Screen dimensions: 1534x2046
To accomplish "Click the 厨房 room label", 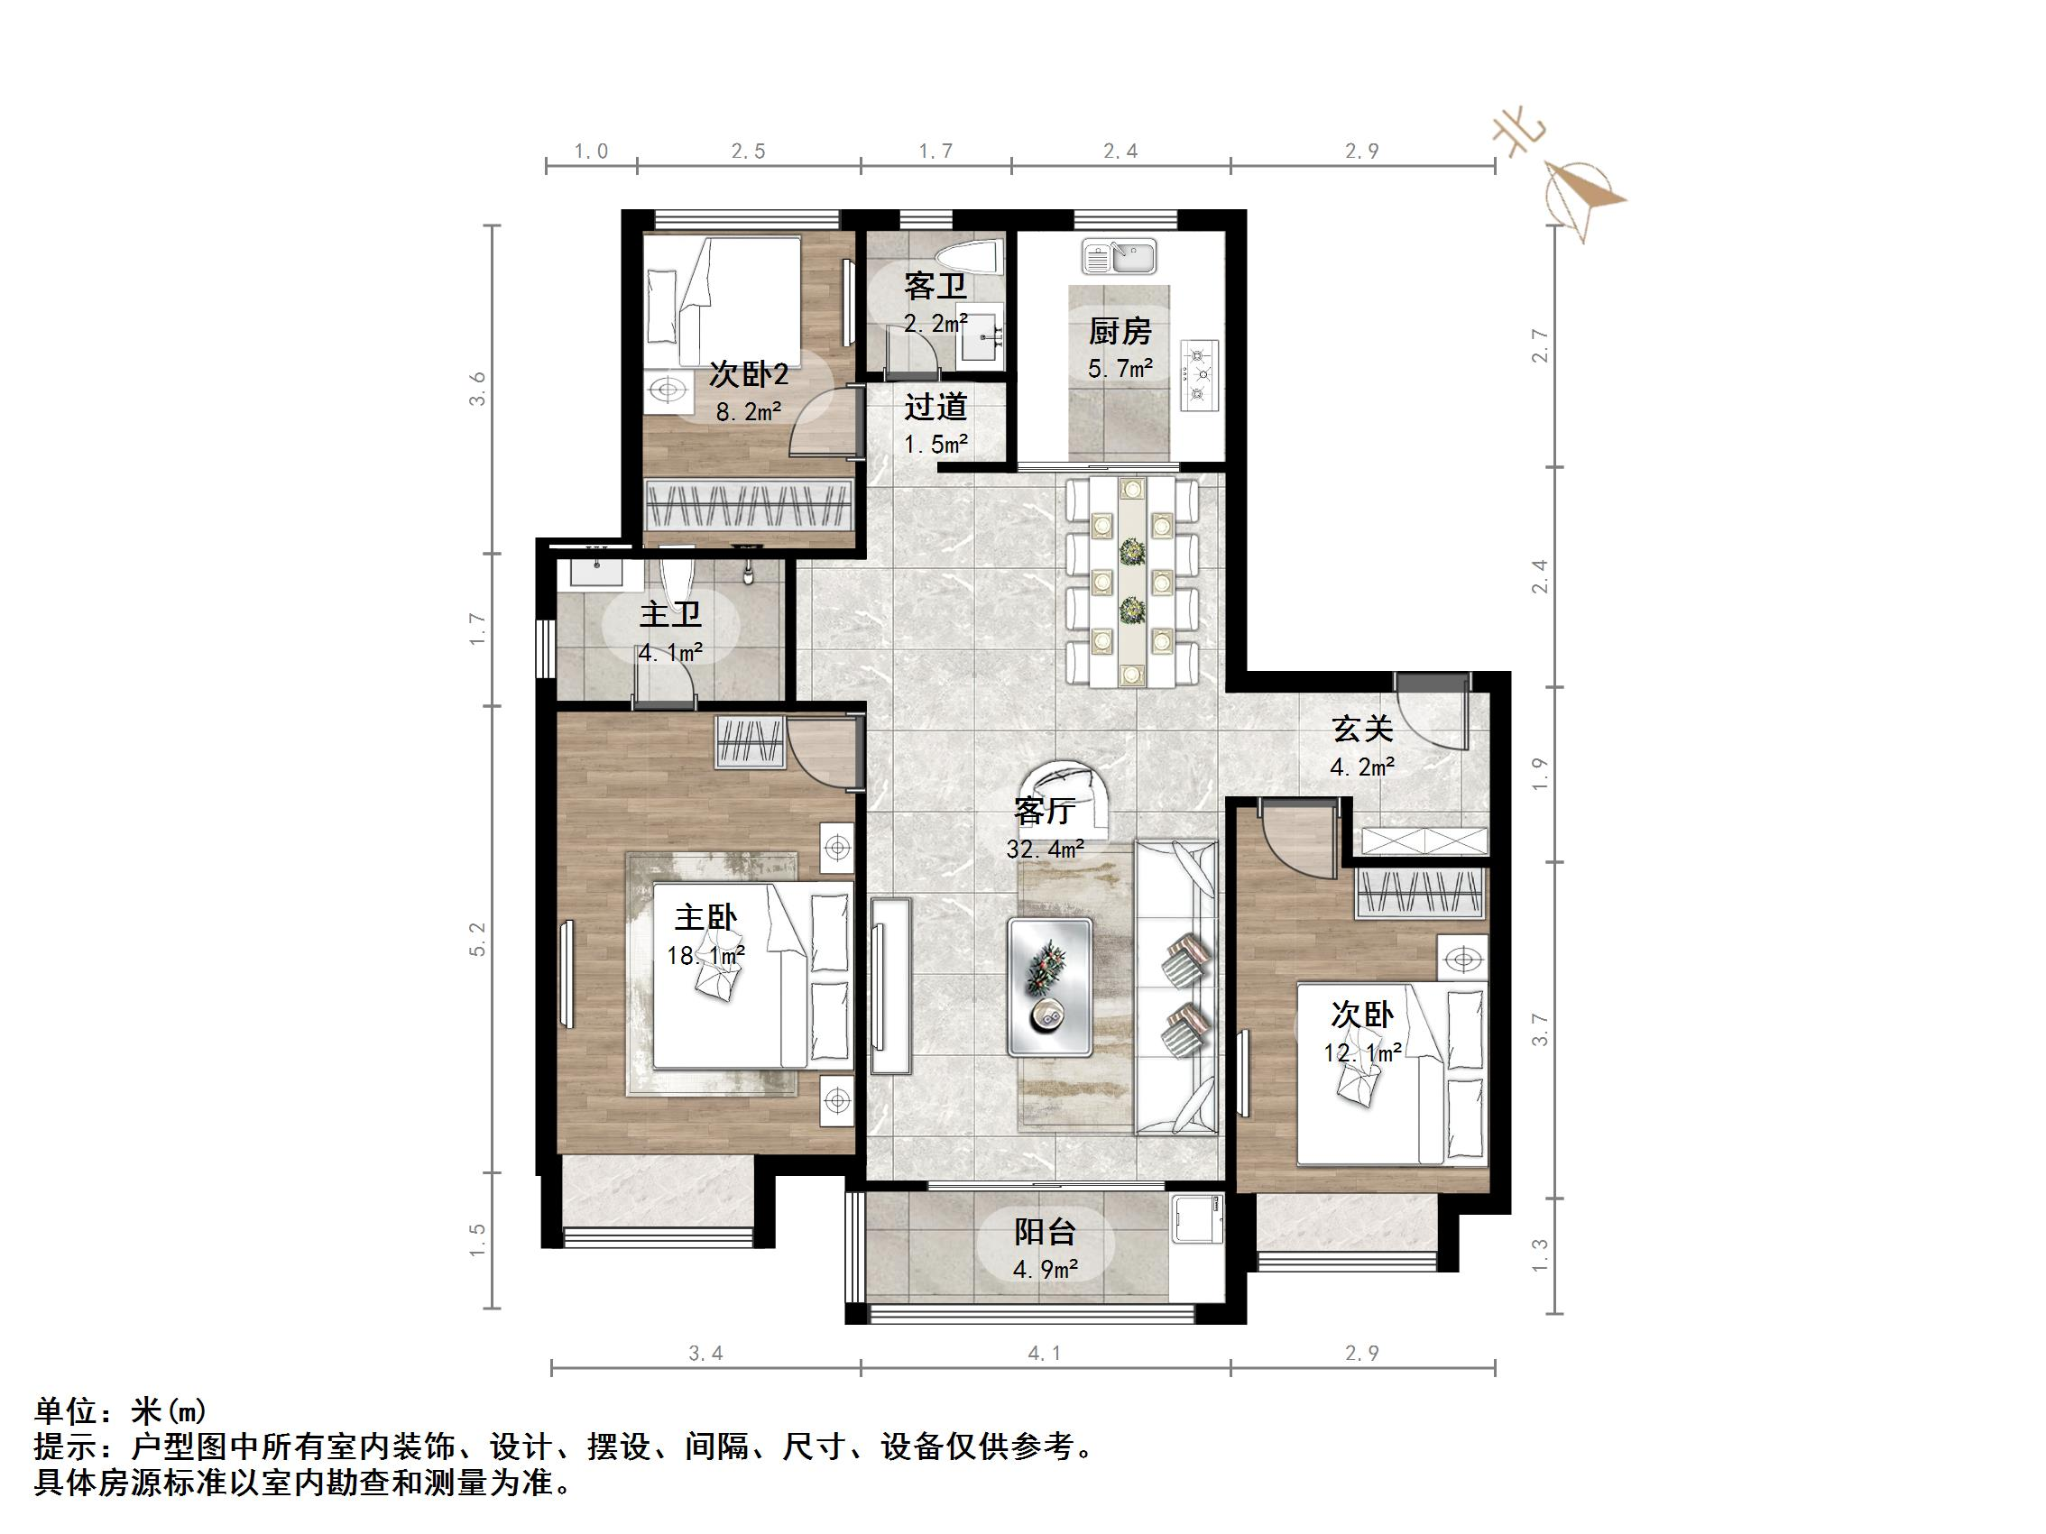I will (x=1120, y=331).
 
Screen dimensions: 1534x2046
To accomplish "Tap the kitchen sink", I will (x=1121, y=257).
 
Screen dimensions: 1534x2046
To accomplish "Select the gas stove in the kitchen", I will (x=1200, y=375).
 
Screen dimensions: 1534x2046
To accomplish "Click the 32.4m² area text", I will (x=1046, y=849).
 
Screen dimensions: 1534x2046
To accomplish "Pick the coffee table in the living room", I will (x=1050, y=987).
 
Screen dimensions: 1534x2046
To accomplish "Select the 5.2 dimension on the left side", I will (x=477, y=940).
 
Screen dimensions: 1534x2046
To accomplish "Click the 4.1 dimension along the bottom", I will (x=1045, y=1354).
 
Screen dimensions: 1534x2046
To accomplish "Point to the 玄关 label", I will (x=1362, y=730).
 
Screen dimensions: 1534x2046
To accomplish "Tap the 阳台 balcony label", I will (x=1046, y=1233).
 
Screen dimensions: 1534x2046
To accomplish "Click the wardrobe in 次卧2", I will (x=747, y=505).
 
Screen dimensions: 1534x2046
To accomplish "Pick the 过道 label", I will (x=935, y=407).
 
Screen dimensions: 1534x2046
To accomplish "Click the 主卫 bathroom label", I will (x=669, y=615).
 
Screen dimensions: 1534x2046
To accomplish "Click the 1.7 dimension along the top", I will (x=935, y=151).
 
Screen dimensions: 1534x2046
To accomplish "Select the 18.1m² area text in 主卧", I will (x=705, y=955).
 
